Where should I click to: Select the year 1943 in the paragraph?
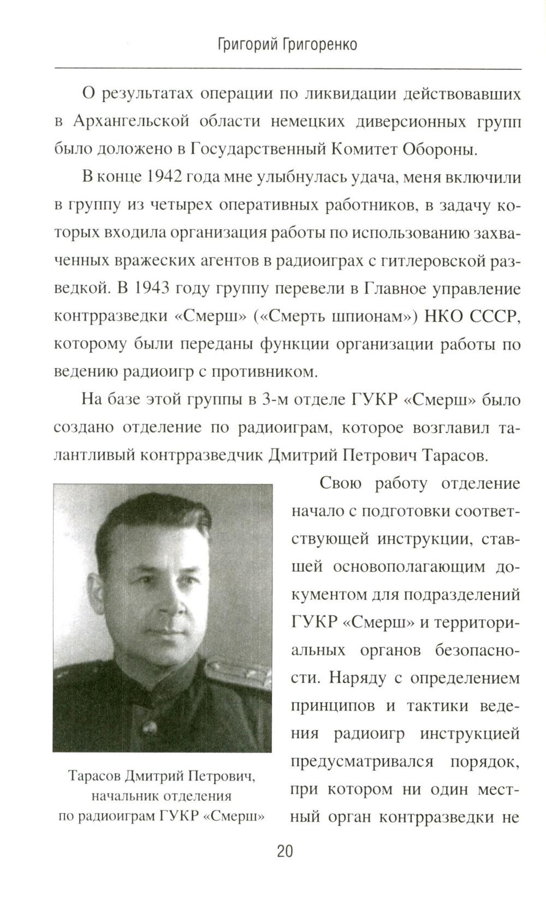(152, 289)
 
